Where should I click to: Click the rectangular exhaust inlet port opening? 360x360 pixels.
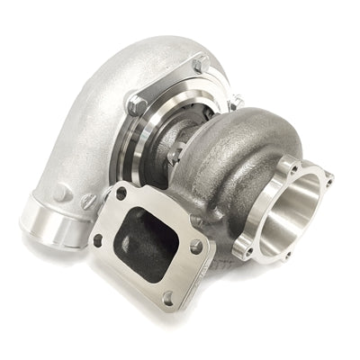click(x=149, y=236)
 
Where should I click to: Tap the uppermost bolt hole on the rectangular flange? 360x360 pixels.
click(x=121, y=193)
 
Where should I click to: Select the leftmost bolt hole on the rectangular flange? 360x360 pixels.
click(x=98, y=239)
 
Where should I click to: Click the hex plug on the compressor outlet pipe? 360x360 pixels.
click(x=60, y=193)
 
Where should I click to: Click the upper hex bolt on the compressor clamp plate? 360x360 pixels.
click(x=199, y=65)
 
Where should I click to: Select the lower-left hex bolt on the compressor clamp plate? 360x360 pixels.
click(x=136, y=104)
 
